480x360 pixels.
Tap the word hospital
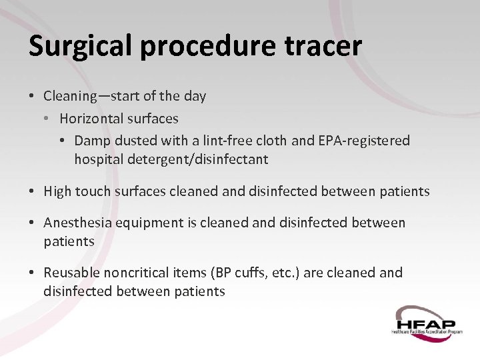pyautogui.click(x=97, y=159)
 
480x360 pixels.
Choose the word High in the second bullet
pyautogui.click(x=57, y=192)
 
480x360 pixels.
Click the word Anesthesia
pyautogui.click(x=77, y=223)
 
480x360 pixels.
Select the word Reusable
pyautogui.click(x=71, y=273)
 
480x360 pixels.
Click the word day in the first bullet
pyautogui.click(x=195, y=97)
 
